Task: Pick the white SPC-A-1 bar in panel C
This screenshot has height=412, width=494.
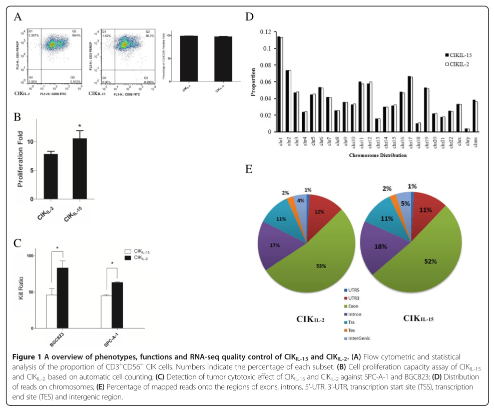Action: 106,311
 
